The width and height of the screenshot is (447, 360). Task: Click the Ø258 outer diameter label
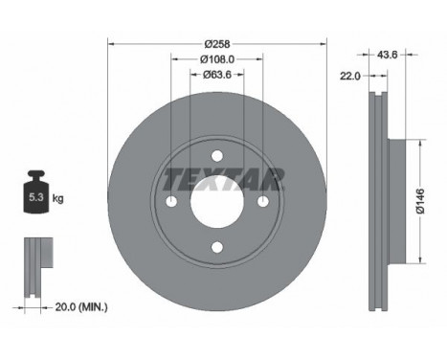[x=217, y=44]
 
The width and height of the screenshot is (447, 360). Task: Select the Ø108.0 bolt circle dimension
[x=217, y=59]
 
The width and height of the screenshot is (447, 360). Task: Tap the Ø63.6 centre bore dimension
[x=217, y=75]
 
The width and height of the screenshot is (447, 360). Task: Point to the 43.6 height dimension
[x=387, y=55]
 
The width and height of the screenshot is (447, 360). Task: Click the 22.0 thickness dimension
[x=350, y=76]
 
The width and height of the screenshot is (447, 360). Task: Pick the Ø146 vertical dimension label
[x=420, y=201]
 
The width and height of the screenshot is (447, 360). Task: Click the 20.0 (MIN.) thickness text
[x=81, y=307]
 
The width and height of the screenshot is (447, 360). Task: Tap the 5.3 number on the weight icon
[x=36, y=197]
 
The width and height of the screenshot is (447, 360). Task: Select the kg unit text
[x=58, y=199]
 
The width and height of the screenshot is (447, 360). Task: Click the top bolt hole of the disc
[x=217, y=156]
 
